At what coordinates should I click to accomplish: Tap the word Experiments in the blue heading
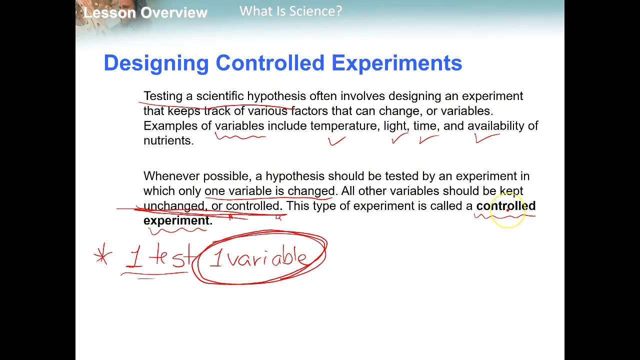(x=396, y=63)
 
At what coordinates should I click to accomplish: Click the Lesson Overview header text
(x=145, y=12)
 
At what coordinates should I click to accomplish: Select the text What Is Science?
(x=290, y=11)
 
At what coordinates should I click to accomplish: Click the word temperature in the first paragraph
(x=344, y=126)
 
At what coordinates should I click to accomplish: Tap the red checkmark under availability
(x=486, y=138)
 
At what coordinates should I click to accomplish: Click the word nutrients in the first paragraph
(x=167, y=140)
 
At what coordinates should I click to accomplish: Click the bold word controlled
(x=505, y=206)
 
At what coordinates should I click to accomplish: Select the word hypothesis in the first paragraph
(x=276, y=96)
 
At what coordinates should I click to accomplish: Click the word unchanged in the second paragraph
(x=173, y=206)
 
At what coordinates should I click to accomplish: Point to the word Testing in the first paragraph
(x=162, y=96)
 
